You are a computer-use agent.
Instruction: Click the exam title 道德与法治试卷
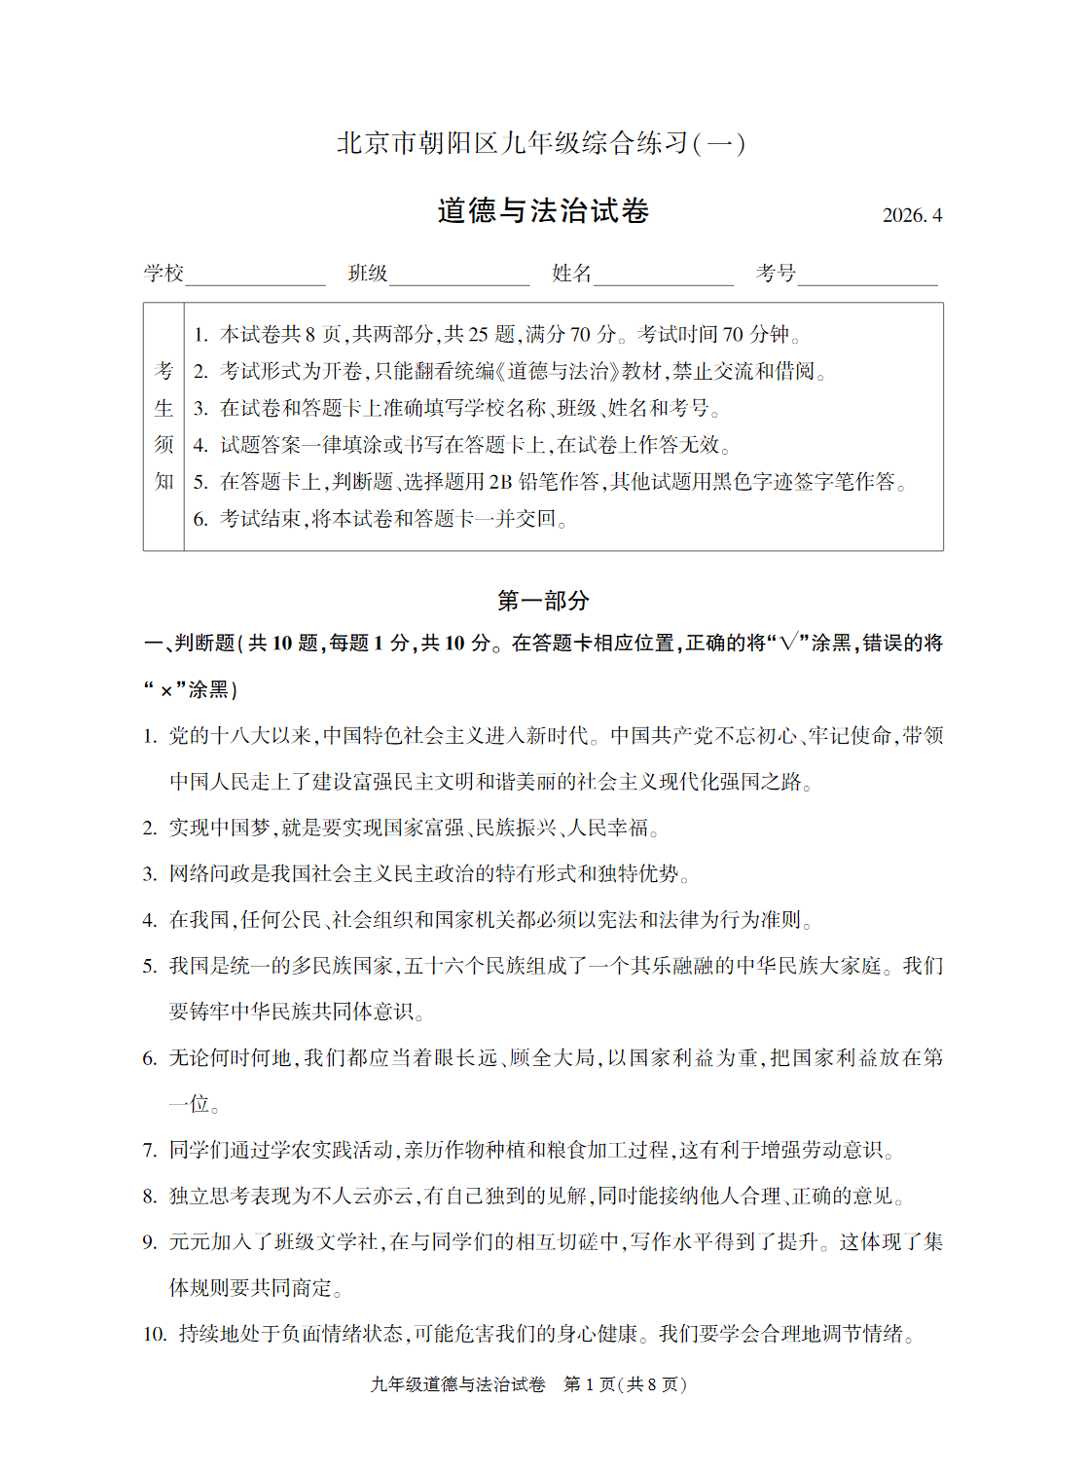tap(543, 211)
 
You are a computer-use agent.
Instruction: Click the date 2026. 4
tap(912, 216)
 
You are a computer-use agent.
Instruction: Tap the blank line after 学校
tap(255, 277)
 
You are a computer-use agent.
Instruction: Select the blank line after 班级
tap(459, 277)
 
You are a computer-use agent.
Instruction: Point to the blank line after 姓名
tap(664, 277)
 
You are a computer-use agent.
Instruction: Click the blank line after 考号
tap(867, 277)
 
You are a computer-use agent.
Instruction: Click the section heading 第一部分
tap(543, 601)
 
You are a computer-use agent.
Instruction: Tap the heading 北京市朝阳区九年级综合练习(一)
tap(541, 144)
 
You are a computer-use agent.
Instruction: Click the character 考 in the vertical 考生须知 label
tap(163, 371)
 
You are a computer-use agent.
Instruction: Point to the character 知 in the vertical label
tap(163, 482)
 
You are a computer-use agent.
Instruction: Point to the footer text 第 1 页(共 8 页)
tap(625, 1384)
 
